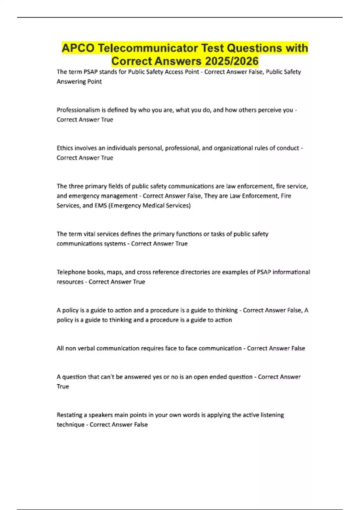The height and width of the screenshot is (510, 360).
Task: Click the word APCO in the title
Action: [x=78, y=48]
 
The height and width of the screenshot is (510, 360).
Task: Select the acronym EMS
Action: [x=100, y=205]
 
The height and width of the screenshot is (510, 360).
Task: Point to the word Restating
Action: [x=69, y=415]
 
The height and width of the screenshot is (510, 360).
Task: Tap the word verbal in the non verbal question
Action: [x=86, y=348]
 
